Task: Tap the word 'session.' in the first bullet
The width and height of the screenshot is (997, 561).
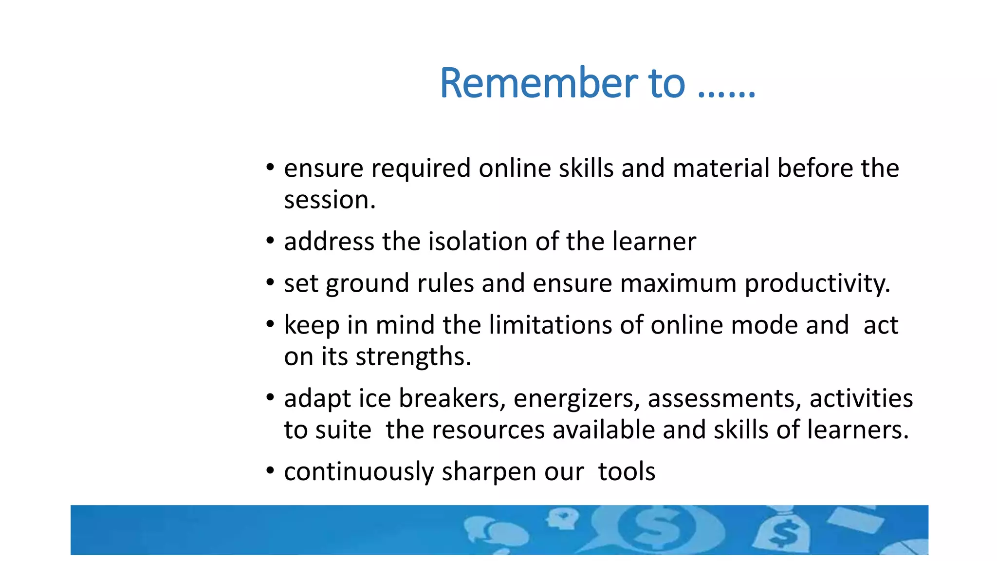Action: (x=330, y=200)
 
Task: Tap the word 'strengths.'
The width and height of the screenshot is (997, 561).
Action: (x=413, y=357)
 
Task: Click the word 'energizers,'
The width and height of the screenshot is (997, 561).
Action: (x=576, y=399)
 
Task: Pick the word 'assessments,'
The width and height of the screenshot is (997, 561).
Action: (x=724, y=399)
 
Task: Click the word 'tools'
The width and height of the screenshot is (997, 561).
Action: (x=627, y=472)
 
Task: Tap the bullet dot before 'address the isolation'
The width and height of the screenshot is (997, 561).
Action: (x=270, y=241)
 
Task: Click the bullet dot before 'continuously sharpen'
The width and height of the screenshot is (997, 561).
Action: (x=270, y=471)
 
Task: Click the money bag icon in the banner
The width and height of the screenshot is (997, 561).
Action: (x=782, y=532)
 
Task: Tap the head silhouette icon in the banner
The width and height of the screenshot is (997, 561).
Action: (x=562, y=519)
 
